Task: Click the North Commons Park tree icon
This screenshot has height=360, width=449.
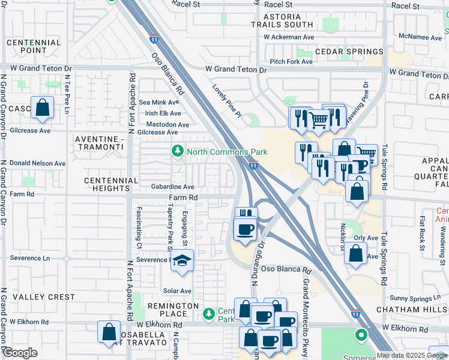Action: [x=178, y=152]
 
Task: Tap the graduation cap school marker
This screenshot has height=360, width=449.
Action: [x=181, y=262]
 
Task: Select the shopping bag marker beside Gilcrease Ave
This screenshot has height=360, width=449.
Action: [x=43, y=108]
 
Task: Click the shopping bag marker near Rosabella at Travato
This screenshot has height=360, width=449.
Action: [x=109, y=332]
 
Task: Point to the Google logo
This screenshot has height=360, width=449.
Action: [x=20, y=353]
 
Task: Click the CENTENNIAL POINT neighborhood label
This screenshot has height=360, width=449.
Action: [x=34, y=46]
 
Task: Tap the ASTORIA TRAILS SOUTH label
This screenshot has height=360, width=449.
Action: [x=282, y=20]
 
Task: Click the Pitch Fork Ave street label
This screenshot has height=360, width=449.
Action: [x=291, y=62]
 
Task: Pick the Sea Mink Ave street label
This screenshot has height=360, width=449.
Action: [x=160, y=103]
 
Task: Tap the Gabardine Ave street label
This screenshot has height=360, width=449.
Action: [x=172, y=187]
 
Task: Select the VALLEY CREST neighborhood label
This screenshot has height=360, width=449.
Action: [x=36, y=297]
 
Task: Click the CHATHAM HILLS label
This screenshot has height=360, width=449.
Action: [x=412, y=309]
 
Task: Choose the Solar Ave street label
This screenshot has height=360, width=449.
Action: [x=177, y=291]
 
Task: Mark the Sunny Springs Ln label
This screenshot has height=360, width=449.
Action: [x=415, y=298]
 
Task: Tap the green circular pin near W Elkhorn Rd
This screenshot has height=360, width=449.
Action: [x=361, y=335]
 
